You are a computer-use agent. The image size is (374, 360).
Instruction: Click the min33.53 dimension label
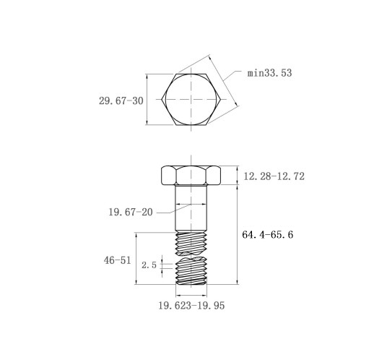tap(269, 73)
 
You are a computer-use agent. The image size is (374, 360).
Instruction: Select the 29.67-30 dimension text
tap(121, 100)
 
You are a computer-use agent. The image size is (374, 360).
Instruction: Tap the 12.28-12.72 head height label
tap(274, 176)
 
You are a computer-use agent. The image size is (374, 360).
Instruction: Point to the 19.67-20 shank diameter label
tap(131, 213)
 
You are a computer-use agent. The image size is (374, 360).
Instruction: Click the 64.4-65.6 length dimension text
tap(268, 234)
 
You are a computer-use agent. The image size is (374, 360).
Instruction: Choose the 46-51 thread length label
tap(118, 260)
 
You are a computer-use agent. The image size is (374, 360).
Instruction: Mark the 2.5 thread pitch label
tap(149, 265)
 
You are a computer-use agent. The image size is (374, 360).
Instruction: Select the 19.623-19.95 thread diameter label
tap(191, 306)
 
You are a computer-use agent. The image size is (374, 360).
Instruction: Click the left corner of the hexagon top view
tap(162, 99)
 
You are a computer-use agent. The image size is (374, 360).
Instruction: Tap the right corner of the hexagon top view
tap(221, 99)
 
